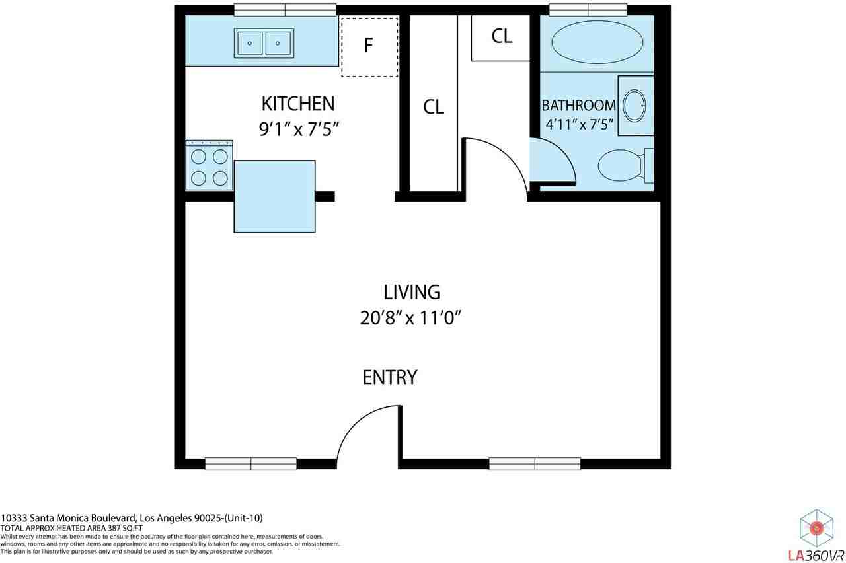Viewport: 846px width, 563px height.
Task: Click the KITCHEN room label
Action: coord(298,104)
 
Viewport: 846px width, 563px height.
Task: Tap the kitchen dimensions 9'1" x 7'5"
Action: coord(299,129)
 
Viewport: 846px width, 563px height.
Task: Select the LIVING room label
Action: coord(412,292)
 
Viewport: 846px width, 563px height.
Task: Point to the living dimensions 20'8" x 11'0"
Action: coord(411,318)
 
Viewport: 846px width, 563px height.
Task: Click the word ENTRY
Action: coord(390,377)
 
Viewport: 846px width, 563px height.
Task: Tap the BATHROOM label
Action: coord(578,105)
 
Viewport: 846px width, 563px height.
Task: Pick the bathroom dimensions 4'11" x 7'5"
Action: coord(580,124)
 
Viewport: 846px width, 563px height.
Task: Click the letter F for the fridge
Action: coord(368,46)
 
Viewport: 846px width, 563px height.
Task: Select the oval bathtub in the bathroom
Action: coord(597,42)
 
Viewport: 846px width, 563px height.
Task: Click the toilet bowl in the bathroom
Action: coord(620,165)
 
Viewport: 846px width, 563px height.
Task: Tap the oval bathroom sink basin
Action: coord(634,106)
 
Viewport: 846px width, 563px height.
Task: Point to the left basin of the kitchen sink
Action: coord(250,44)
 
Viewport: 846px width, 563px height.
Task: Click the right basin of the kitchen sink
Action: coord(278,44)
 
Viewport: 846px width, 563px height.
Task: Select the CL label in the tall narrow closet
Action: coord(433,107)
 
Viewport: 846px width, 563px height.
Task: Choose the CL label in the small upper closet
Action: coord(502,36)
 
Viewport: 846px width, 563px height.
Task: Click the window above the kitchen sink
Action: coord(285,10)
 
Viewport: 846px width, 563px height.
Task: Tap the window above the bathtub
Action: coord(588,10)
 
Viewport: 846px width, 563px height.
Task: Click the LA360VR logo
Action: coord(816,535)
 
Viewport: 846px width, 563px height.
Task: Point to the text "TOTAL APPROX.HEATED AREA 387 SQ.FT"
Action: coord(71,528)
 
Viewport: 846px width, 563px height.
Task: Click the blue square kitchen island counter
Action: coord(274,196)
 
